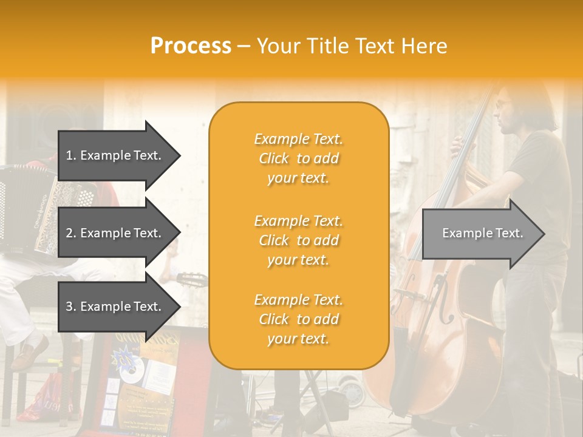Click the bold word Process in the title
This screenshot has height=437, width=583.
tap(191, 46)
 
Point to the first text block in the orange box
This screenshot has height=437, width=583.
tap(298, 158)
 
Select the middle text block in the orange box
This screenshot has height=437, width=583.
tap(298, 240)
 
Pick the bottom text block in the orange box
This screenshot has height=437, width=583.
tap(298, 319)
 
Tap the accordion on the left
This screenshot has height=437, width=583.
tap(30, 206)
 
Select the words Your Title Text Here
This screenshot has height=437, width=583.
tap(352, 46)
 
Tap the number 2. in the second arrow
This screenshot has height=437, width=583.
tap(71, 233)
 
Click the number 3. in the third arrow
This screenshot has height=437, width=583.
tap(71, 307)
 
